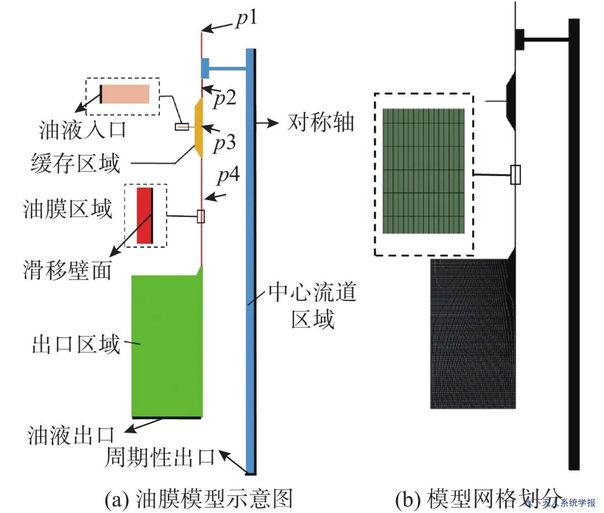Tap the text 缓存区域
click(x=75, y=163)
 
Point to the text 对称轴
click(x=321, y=123)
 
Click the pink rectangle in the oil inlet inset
click(x=126, y=94)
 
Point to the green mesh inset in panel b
click(x=423, y=171)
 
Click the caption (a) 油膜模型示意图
click(x=199, y=497)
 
